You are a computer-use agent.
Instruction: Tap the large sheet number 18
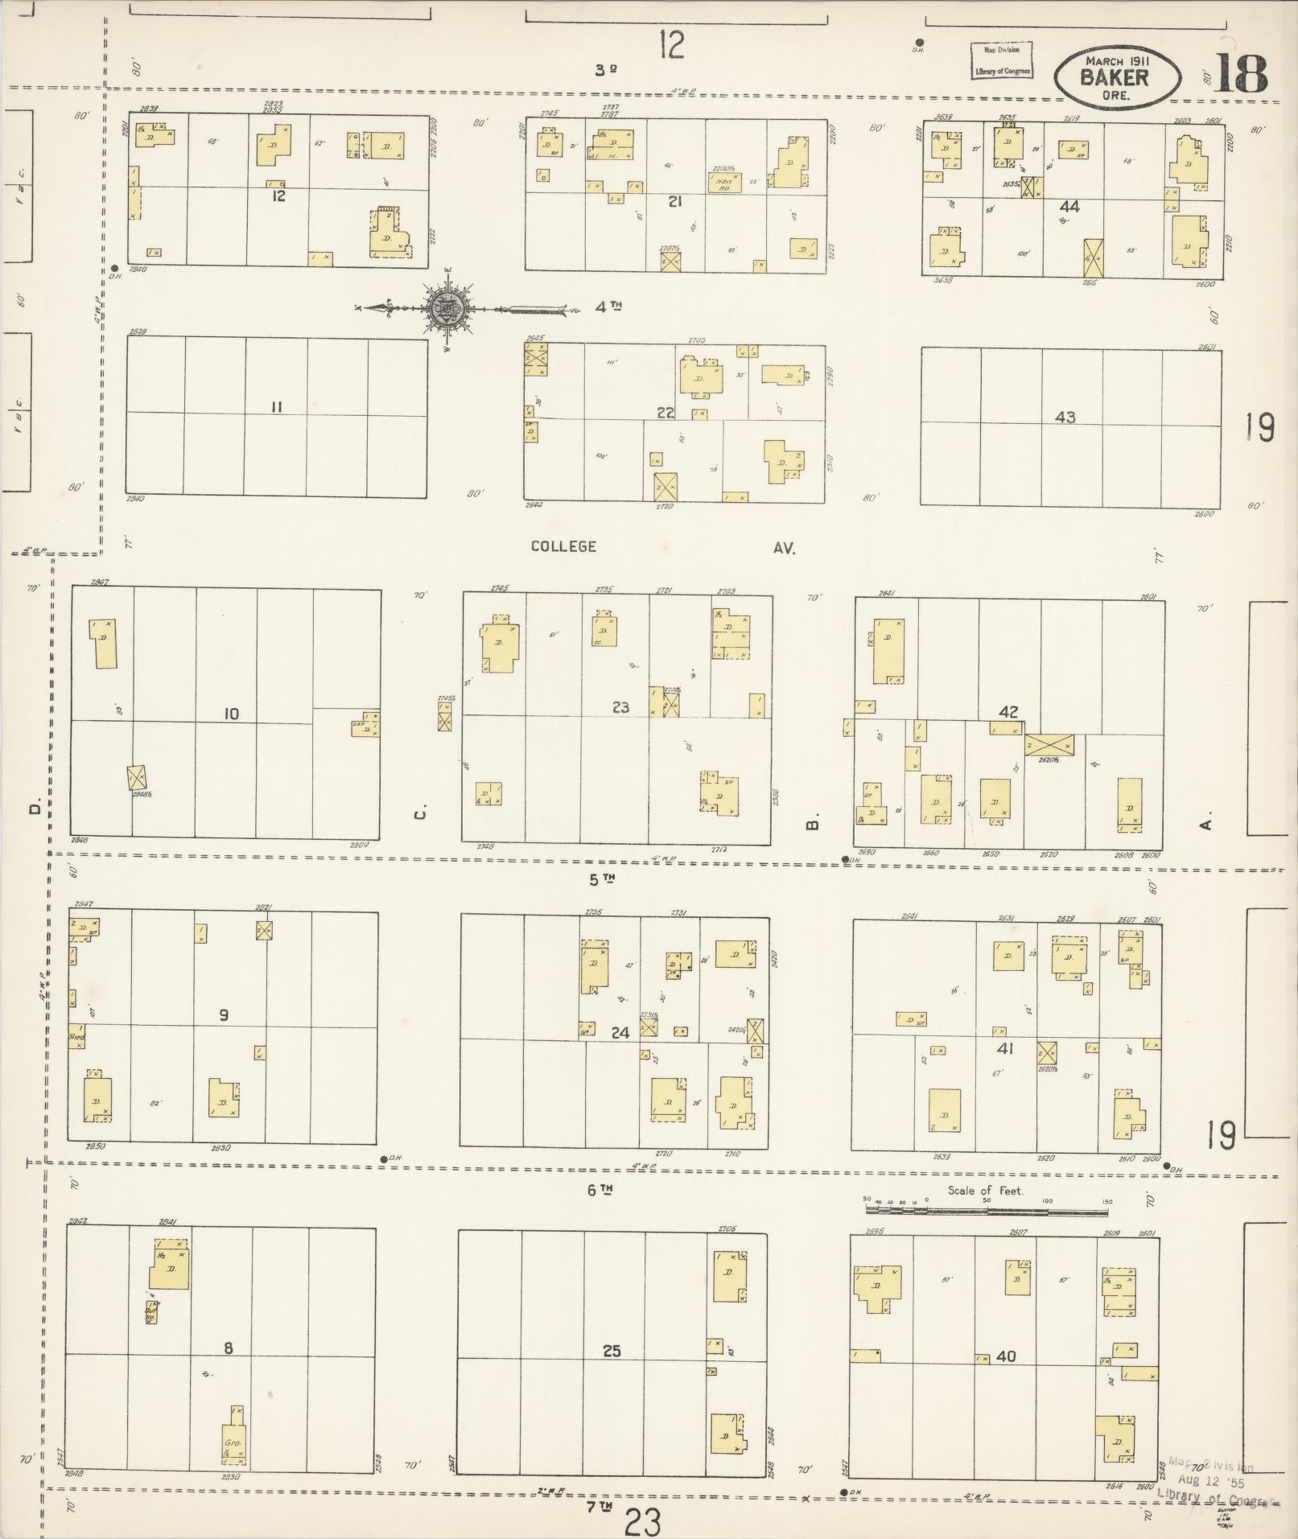pos(1240,74)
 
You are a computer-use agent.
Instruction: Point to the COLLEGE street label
pos(563,546)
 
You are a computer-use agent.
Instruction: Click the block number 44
pos(1069,207)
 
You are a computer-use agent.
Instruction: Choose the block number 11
pos(276,407)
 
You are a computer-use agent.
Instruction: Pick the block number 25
pos(612,1351)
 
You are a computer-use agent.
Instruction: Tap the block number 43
pos(1065,418)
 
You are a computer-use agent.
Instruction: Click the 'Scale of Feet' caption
pos(985,1191)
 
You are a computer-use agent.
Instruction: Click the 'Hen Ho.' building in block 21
pos(719,183)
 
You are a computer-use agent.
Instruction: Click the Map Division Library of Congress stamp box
pos(1001,60)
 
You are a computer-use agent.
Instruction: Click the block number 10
pos(231,714)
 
